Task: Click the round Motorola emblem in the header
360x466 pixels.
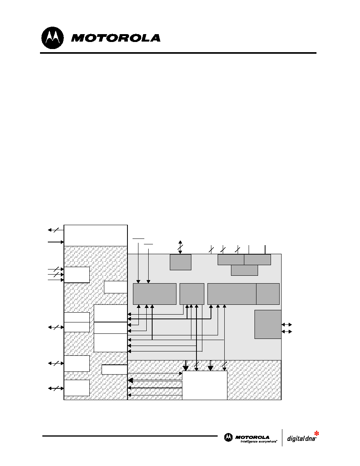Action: (53, 38)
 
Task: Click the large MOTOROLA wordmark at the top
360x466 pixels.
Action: (116, 38)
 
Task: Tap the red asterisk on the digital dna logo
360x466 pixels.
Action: (316, 433)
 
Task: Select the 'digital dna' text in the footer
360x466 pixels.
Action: (301, 439)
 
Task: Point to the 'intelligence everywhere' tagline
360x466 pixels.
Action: (259, 442)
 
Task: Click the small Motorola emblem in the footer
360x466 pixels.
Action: (228, 437)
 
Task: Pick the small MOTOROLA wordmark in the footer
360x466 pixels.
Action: (252, 437)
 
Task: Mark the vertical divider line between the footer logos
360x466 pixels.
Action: (282, 437)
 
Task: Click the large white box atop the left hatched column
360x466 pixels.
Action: (96, 235)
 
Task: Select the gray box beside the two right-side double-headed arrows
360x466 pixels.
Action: (268, 324)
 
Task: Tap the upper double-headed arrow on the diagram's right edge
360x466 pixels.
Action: (287, 324)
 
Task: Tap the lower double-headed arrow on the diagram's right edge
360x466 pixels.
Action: (287, 331)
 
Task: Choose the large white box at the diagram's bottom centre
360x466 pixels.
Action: (205, 385)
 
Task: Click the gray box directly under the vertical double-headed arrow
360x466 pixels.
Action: (181, 262)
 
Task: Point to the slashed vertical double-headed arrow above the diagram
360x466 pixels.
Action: (180, 247)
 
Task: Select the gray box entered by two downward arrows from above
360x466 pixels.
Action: (155, 294)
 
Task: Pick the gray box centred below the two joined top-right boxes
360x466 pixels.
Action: (244, 270)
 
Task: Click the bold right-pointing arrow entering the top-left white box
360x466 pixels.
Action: (56, 242)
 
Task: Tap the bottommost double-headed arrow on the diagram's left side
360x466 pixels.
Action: (56, 388)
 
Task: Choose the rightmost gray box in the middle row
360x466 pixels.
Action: (268, 294)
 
